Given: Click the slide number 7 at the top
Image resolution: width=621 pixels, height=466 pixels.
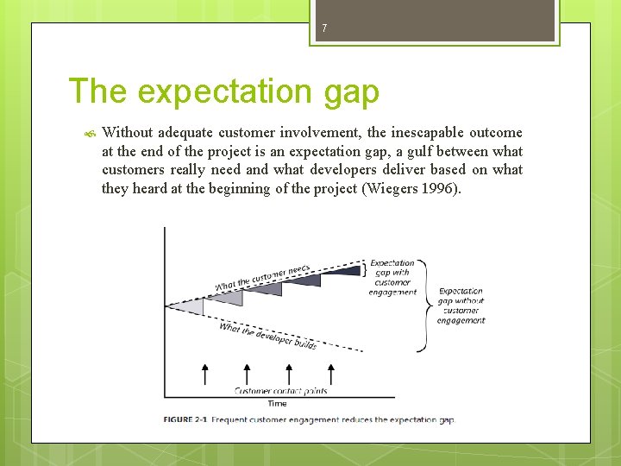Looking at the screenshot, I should click(x=324, y=29).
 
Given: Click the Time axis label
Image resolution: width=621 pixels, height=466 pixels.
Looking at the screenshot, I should click(x=277, y=403).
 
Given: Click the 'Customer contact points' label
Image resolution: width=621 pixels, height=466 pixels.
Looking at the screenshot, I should click(x=280, y=391).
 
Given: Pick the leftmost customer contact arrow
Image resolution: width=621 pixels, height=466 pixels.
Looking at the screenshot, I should click(x=204, y=374).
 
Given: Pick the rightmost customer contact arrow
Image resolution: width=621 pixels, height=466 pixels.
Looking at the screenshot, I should click(x=330, y=374).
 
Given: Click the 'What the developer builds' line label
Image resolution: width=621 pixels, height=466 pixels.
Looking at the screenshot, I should click(x=267, y=335).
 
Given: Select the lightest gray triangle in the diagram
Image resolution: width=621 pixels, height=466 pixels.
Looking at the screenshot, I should click(x=189, y=306).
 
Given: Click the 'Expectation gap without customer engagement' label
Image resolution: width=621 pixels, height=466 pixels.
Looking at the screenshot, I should click(x=461, y=306).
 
